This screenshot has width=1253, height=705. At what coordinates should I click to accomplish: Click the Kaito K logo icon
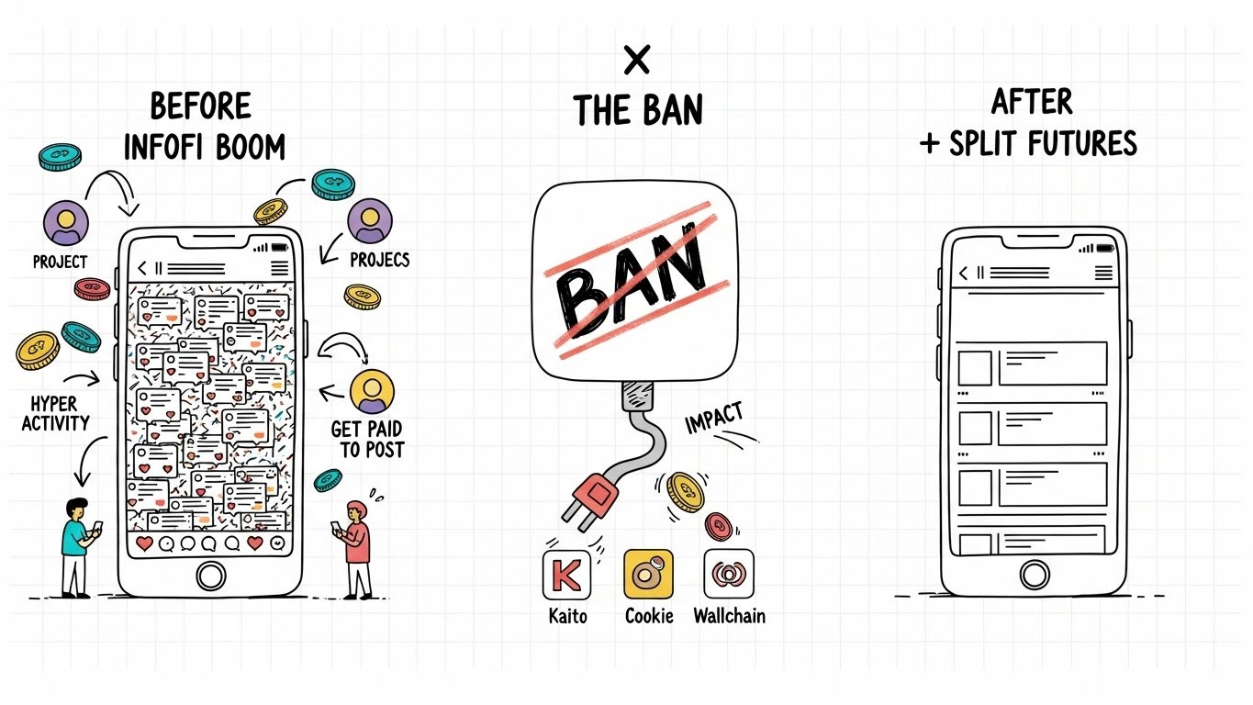coord(566,575)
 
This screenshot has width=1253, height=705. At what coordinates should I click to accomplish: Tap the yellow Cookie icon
coord(648,575)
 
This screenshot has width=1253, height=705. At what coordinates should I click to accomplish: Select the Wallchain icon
coord(728,575)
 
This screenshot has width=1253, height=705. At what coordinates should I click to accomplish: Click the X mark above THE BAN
coord(636,62)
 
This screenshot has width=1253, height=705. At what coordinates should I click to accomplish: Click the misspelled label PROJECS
coord(380,260)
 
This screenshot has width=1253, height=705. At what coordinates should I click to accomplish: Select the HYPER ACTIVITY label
coord(56,413)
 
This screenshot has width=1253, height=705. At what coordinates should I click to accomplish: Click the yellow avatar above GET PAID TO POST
coord(372,391)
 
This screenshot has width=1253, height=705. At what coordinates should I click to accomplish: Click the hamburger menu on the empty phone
coord(1103,273)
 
